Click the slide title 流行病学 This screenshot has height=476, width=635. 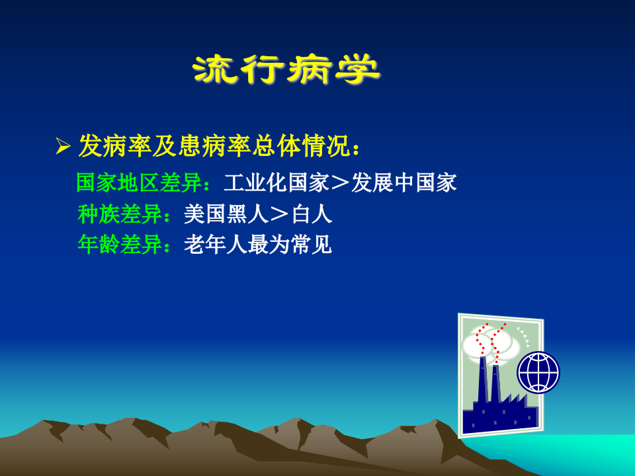(286, 69)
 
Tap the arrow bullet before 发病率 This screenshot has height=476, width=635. (63, 147)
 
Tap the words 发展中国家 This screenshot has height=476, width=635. (403, 183)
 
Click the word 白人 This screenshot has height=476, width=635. (312, 214)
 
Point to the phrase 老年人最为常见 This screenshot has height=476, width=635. (257, 245)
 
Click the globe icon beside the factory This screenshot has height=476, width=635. (538, 372)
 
